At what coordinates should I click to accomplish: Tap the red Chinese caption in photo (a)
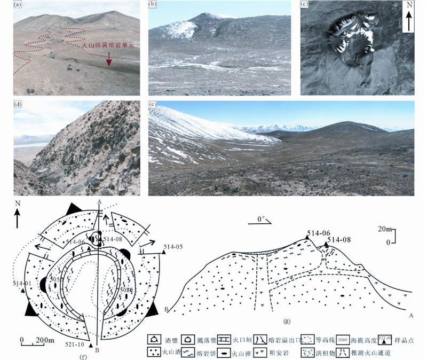[x=109, y=46]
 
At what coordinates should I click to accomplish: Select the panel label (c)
[x=305, y=6]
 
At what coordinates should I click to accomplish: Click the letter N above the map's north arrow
[x=18, y=204]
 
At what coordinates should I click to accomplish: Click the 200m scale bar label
[x=45, y=340]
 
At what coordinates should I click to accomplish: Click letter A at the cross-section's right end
[x=411, y=316]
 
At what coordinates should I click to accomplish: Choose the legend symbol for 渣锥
[x=153, y=339]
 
